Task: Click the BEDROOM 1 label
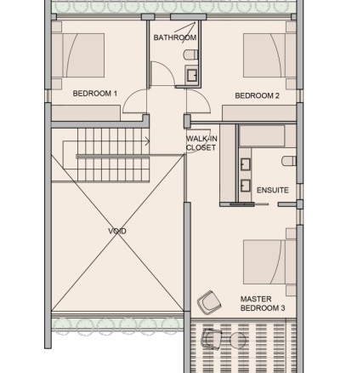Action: coord(95,94)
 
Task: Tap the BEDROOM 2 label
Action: coord(258,95)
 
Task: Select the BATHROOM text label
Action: coord(175,37)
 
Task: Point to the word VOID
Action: coord(117,231)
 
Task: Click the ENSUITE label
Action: coord(273,190)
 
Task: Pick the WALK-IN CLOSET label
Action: coord(201,143)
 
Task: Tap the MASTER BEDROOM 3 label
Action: coord(263,303)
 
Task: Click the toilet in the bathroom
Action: coord(191,55)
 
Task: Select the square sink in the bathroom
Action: coord(192,75)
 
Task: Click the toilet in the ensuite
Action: coord(289,161)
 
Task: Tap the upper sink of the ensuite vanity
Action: coord(246,164)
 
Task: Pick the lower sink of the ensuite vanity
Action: coord(246,186)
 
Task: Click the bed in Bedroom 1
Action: coord(78,55)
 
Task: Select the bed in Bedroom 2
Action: coord(269,55)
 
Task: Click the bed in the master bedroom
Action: coord(269,262)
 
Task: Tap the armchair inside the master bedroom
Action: coord(209,302)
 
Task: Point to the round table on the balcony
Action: coord(238,340)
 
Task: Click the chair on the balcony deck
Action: coord(211,339)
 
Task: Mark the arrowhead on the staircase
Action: coord(147,141)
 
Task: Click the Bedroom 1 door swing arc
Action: coord(130,96)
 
